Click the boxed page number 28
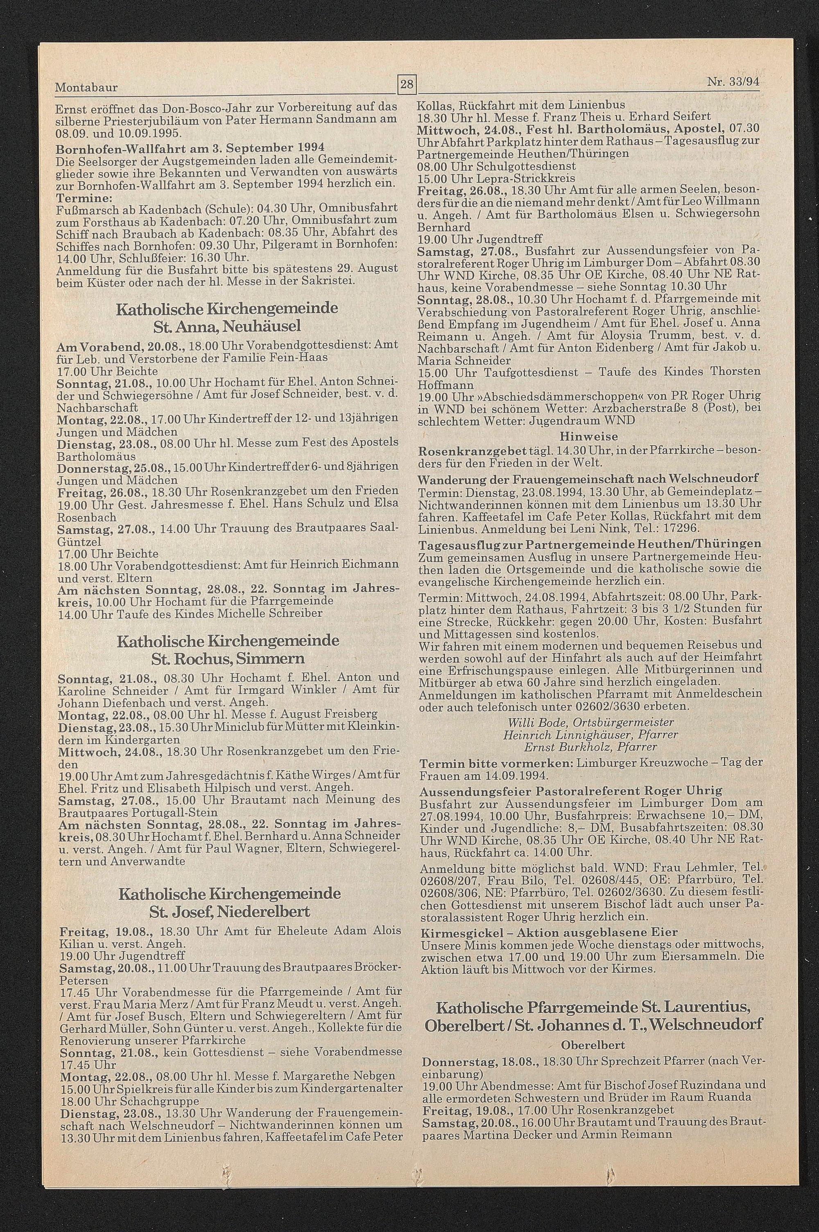point(406,84)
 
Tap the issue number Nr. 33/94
point(733,82)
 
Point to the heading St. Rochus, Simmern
point(228,658)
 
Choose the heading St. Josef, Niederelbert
point(229,912)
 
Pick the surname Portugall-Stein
point(174,813)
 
